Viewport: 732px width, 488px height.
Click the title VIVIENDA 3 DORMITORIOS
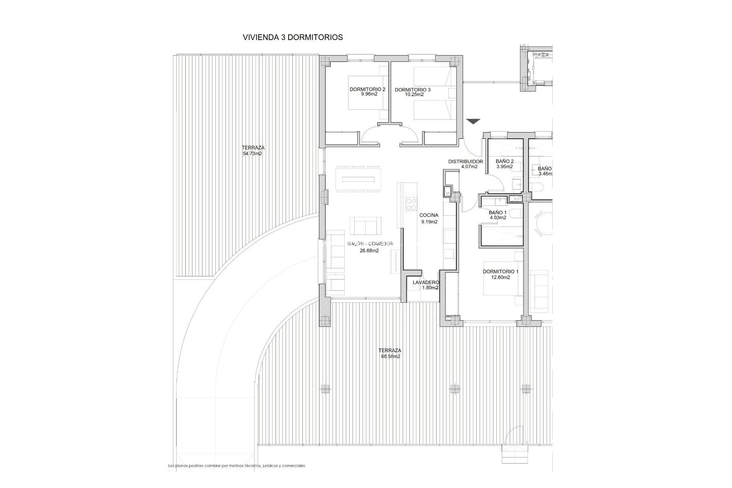(x=293, y=37)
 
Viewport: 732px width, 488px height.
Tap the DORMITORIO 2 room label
(x=368, y=90)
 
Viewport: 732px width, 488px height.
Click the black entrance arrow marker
(x=473, y=122)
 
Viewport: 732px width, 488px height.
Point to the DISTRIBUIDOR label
(x=466, y=162)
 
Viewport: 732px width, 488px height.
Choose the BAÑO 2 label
(x=504, y=161)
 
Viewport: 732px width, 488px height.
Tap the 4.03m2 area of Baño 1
(x=498, y=218)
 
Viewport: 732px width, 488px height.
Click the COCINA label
(x=429, y=215)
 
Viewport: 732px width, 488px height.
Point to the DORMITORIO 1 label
(x=501, y=272)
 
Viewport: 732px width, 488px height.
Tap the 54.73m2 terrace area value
(x=252, y=154)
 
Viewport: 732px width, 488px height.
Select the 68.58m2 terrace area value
(x=390, y=356)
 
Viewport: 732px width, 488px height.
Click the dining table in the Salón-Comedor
(x=358, y=179)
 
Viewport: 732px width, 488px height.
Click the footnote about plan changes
(x=237, y=466)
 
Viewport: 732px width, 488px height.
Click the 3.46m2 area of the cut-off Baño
(x=544, y=174)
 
